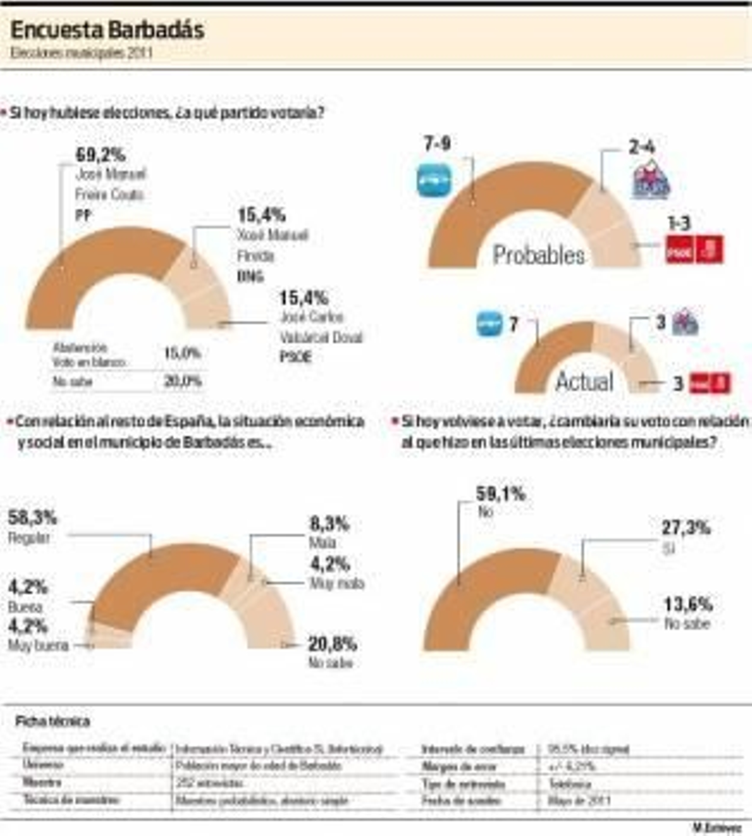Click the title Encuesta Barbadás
pos(107,31)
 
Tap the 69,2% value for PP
pos(101,155)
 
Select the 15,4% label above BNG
pos(262,215)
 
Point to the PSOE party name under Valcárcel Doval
pos(296,357)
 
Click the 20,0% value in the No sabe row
pos(183,381)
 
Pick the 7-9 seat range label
pos(437,144)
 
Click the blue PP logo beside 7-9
pos(434,181)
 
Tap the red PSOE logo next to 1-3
pos(694,250)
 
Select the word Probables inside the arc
pos(539,255)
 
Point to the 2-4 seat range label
pos(642,148)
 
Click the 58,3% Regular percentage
pos(32,518)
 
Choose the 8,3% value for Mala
pos(329,524)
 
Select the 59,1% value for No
pos(501,494)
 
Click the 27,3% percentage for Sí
pos(686,528)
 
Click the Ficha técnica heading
pos(52,721)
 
